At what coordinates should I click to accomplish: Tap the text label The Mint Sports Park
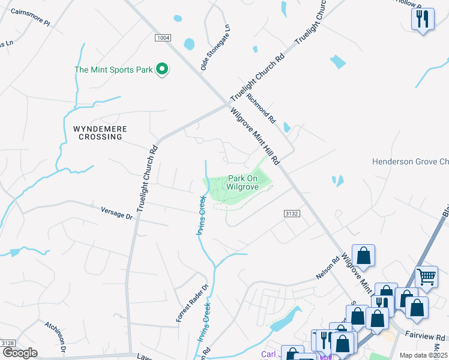tap(113, 70)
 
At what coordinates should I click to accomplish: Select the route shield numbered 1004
tap(163, 38)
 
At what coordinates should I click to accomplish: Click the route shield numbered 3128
tap(8, 343)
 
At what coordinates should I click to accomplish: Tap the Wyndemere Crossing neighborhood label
tap(97, 133)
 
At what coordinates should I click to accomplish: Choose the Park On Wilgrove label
tap(243, 183)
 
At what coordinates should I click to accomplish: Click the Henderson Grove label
tap(410, 161)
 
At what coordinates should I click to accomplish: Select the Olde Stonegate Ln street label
tap(215, 48)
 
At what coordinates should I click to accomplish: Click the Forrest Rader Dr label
tap(192, 302)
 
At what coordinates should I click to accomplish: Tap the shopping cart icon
tap(426, 277)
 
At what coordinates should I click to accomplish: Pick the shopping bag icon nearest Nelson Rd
tap(363, 256)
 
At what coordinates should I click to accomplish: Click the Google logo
tap(20, 353)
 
